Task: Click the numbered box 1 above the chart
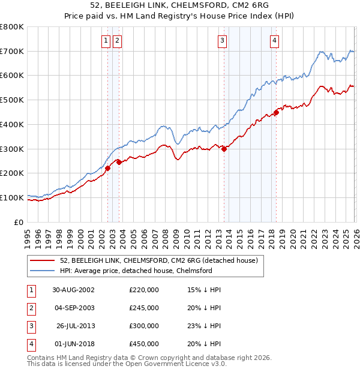[106, 41]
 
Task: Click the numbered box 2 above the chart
[116, 41]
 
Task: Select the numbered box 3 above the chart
[222, 41]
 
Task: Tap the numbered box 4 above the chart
[274, 41]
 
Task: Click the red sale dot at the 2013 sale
[224, 149]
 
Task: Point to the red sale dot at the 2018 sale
[276, 112]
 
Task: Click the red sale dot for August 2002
[108, 169]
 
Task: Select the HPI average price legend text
[136, 271]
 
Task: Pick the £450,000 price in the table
[144, 344]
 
